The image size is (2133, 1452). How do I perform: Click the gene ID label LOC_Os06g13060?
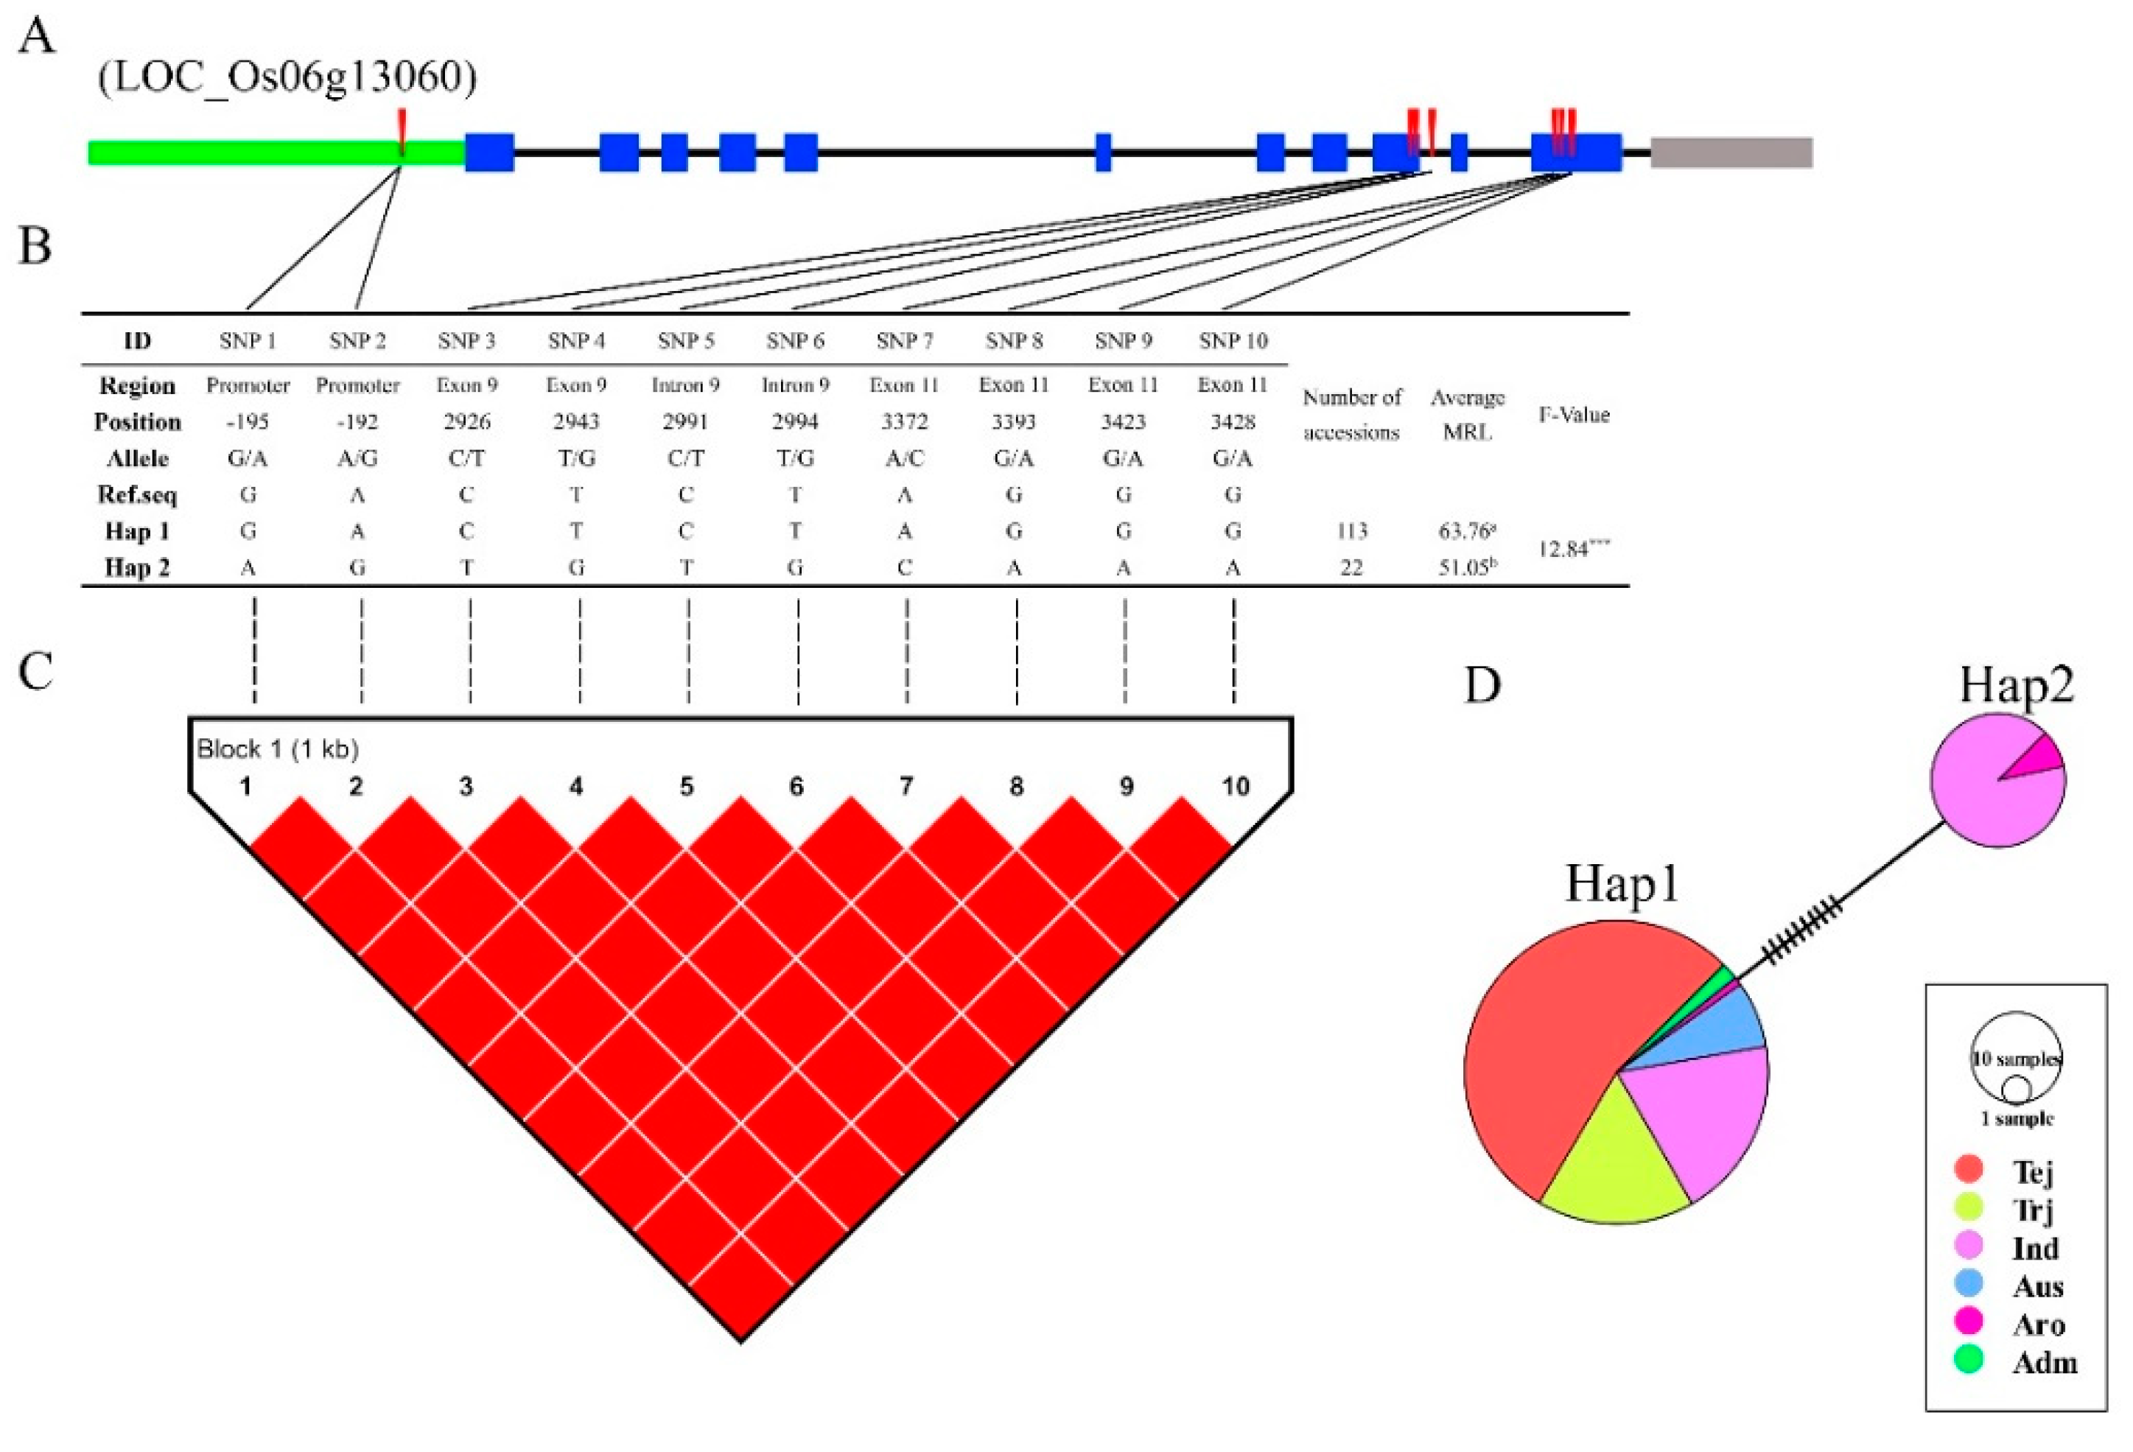(287, 77)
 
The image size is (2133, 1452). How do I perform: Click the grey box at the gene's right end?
(1730, 152)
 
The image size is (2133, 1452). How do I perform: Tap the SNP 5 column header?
(686, 340)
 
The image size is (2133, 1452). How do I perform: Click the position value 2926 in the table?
(466, 421)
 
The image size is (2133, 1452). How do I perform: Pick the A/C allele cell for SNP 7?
(904, 458)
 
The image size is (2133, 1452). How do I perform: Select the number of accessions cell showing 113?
(1351, 530)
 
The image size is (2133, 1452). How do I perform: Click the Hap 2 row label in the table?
(137, 567)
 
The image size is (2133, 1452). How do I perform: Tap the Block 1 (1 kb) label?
(277, 749)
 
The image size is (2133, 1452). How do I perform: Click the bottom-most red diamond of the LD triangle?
(740, 1302)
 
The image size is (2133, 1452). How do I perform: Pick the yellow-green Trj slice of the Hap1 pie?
(1615, 1165)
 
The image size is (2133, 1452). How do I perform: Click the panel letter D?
(1482, 684)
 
